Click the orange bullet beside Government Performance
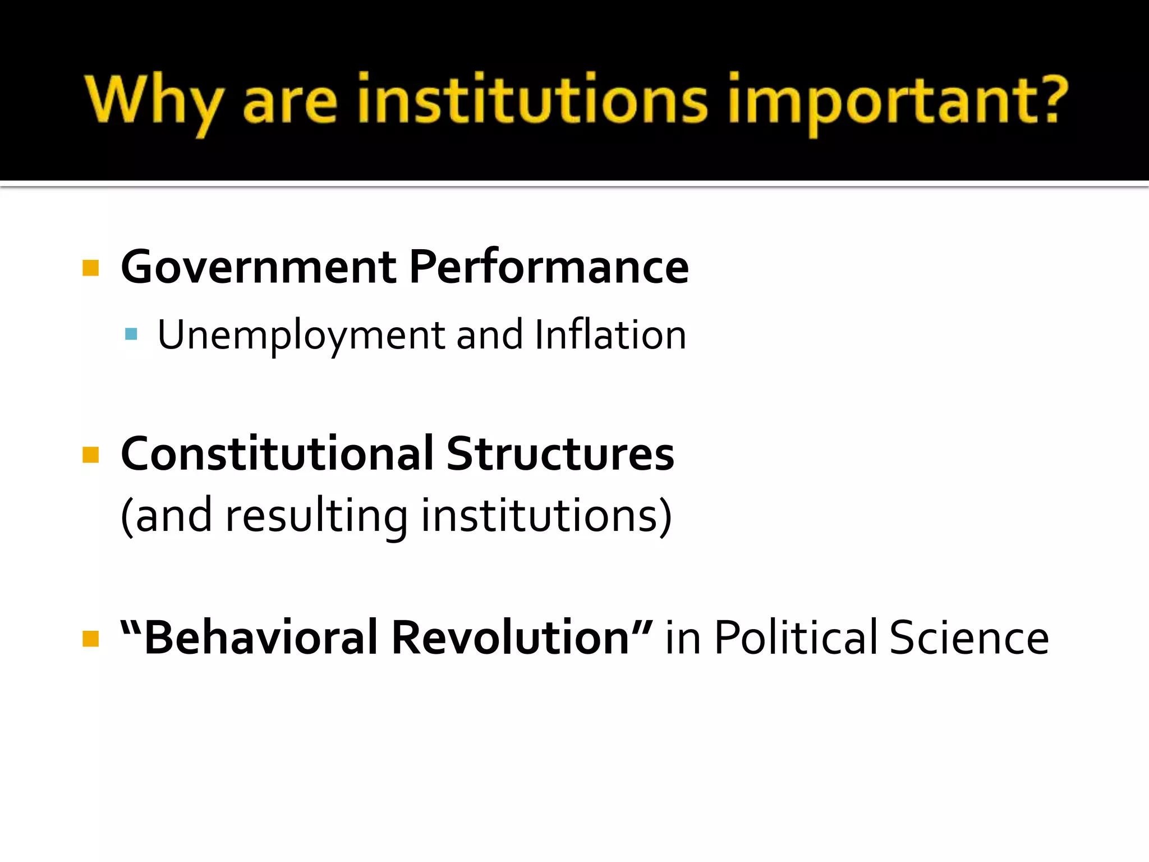tap(90, 268)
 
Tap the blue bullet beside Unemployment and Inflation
tap(131, 335)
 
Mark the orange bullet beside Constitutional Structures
tap(90, 455)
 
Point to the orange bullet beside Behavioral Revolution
tap(90, 639)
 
